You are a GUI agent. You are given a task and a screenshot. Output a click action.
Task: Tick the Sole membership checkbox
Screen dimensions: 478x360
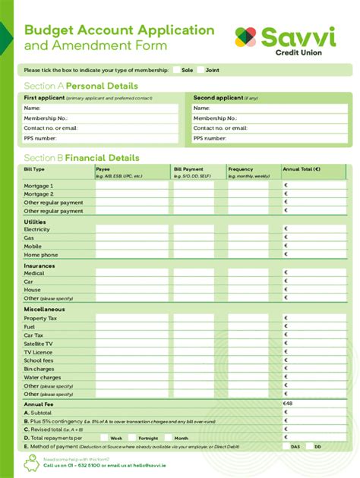click(177, 70)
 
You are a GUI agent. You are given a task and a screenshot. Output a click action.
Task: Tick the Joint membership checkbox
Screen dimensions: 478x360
click(201, 70)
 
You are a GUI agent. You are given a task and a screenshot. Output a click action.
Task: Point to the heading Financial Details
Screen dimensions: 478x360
click(103, 158)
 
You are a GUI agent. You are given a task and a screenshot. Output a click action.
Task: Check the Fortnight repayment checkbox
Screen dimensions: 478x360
click(133, 438)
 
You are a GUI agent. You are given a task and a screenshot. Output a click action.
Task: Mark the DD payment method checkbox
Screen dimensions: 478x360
click(309, 447)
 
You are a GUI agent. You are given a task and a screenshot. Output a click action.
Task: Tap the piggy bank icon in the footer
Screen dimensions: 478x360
click(32, 462)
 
